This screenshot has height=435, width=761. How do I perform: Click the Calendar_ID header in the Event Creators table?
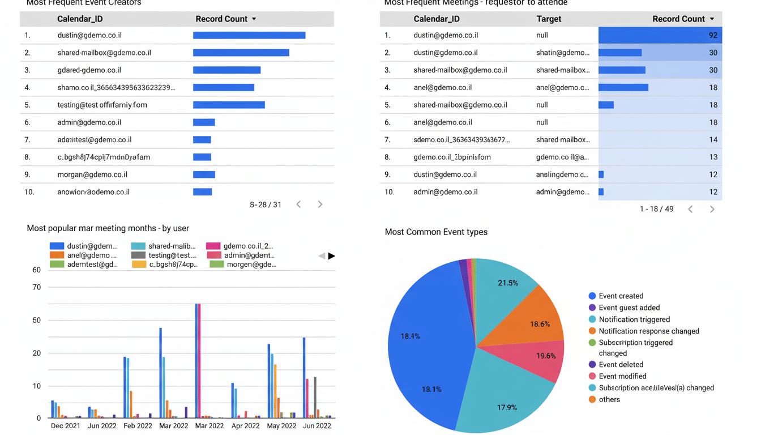click(80, 19)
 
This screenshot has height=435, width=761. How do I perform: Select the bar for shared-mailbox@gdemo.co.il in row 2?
click(241, 53)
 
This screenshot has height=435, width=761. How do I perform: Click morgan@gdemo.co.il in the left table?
click(92, 174)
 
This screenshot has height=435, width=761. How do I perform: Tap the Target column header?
click(549, 19)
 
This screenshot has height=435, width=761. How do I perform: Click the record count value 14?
click(712, 140)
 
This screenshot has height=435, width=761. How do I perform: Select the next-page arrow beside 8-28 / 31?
click(320, 204)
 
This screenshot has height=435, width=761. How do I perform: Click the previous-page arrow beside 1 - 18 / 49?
click(690, 209)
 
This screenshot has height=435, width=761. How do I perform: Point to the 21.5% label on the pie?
click(507, 283)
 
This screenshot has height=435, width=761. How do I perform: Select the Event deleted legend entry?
click(621, 365)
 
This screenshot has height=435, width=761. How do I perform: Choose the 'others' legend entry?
click(609, 399)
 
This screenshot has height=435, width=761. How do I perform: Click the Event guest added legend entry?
click(629, 308)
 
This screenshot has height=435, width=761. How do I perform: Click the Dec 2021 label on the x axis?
click(65, 425)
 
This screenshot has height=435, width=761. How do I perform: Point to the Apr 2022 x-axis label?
click(245, 425)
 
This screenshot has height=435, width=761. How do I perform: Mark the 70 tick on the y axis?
click(37, 287)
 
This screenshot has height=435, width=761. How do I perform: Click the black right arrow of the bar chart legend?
click(332, 256)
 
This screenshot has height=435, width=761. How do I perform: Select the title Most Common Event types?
click(436, 232)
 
